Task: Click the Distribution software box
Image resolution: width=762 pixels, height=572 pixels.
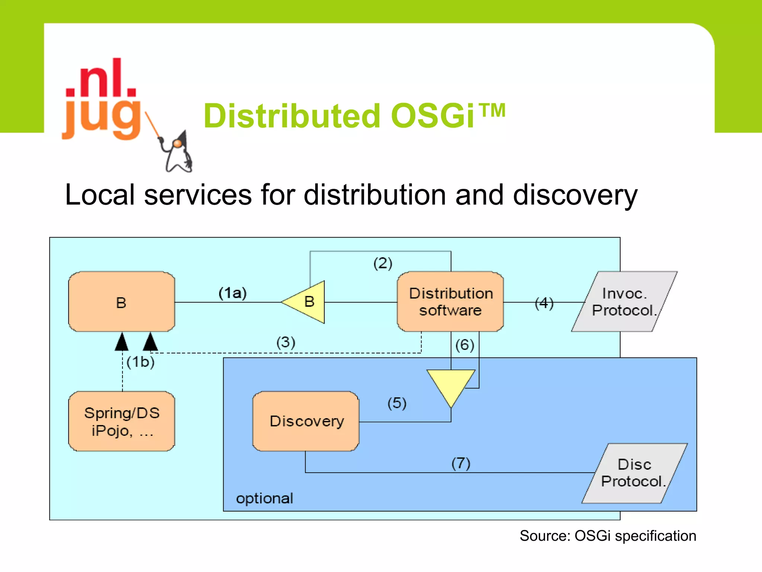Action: coord(450,302)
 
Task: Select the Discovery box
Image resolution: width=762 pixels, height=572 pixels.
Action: coord(306,421)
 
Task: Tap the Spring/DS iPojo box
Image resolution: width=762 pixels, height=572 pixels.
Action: coord(122,421)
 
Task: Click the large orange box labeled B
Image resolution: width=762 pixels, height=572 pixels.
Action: coord(122,302)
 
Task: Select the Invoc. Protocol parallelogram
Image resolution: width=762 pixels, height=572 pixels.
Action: coord(624,302)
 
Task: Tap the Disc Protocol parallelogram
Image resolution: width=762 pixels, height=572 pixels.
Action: coord(634,473)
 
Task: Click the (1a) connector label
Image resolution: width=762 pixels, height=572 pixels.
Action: coord(233,293)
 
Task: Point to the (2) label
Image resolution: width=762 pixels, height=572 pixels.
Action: coord(383,263)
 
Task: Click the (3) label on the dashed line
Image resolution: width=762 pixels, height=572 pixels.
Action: coord(286,342)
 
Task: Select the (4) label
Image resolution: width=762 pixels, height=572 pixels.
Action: coord(544,303)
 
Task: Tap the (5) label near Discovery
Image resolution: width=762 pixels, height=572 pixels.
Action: coord(397,403)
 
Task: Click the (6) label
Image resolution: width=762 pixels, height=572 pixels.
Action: coord(465,345)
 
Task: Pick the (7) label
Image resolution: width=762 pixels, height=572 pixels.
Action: coord(461,464)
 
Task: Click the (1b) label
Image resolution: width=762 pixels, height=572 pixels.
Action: coord(140,362)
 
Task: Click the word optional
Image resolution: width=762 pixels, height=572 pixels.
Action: coord(265,498)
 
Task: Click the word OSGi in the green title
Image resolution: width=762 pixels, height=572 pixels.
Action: coord(433,116)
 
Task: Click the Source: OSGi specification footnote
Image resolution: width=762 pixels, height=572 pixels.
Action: coord(608,536)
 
